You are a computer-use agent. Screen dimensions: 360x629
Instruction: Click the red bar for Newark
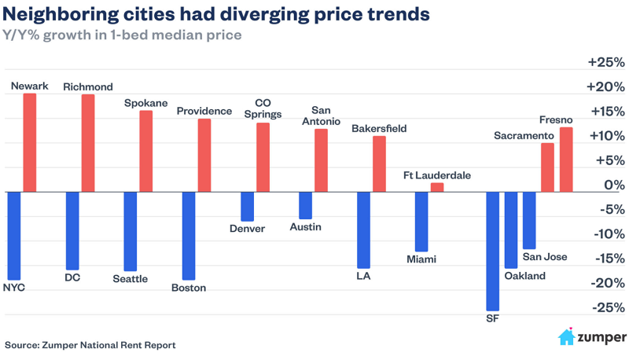pos(30,142)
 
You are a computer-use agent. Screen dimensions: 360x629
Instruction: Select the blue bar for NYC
pos(13,235)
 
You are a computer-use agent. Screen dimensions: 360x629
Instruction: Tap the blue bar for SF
pos(492,251)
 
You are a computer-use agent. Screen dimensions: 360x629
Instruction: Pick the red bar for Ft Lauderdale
pos(437,187)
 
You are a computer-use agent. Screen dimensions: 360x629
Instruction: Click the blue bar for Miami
pos(421,221)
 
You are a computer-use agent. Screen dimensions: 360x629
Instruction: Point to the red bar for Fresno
pos(566,160)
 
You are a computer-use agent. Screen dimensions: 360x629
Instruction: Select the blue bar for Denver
pos(247,206)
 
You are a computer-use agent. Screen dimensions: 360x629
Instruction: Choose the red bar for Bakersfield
pos(379,163)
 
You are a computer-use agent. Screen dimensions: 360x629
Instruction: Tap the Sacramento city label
pos(524,136)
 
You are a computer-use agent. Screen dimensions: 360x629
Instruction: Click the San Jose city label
pos(545,256)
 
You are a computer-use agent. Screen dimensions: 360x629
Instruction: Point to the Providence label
pos(204,111)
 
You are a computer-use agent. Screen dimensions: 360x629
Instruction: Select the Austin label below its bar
pos(305,227)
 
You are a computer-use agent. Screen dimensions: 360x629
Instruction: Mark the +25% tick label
pos(606,62)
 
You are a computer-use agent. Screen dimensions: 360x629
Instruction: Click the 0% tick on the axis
pos(612,185)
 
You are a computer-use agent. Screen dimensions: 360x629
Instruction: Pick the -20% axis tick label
pos(606,283)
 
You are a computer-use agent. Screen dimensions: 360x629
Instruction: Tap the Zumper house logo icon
pos(566,337)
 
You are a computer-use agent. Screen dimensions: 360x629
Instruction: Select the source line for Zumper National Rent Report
pos(90,344)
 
